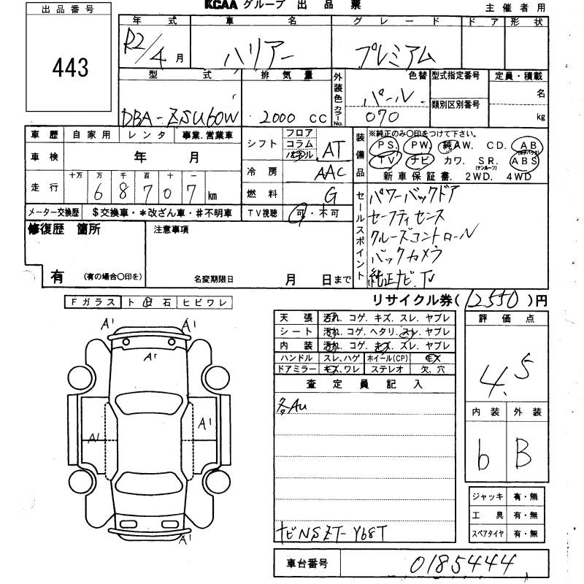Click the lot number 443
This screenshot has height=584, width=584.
70,68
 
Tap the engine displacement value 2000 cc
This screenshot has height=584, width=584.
283,118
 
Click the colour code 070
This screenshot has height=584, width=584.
382,115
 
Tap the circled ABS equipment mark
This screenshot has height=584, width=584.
525,161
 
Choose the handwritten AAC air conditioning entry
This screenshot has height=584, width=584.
330,174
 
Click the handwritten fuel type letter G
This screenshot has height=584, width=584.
331,195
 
